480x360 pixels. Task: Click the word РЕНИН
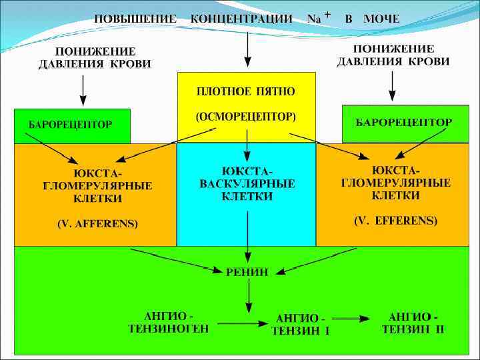(x=247, y=271)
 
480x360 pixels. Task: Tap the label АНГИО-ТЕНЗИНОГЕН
(x=169, y=322)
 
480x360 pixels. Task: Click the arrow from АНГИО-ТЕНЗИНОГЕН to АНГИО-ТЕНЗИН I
(x=242, y=325)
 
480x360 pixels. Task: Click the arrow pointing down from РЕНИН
(x=248, y=294)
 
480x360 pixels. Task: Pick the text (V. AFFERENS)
(x=97, y=224)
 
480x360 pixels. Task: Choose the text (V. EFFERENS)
(x=396, y=220)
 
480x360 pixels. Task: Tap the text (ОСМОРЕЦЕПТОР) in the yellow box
(x=246, y=117)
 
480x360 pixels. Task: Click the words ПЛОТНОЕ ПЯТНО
(x=246, y=90)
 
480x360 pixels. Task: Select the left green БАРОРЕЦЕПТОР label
(x=70, y=125)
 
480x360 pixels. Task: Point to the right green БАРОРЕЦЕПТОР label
(x=404, y=123)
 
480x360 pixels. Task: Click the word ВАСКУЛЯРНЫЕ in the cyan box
(x=247, y=183)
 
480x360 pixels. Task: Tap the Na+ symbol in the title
(x=316, y=18)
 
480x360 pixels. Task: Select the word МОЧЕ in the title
(x=381, y=18)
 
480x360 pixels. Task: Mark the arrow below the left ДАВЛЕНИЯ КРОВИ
(x=83, y=90)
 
